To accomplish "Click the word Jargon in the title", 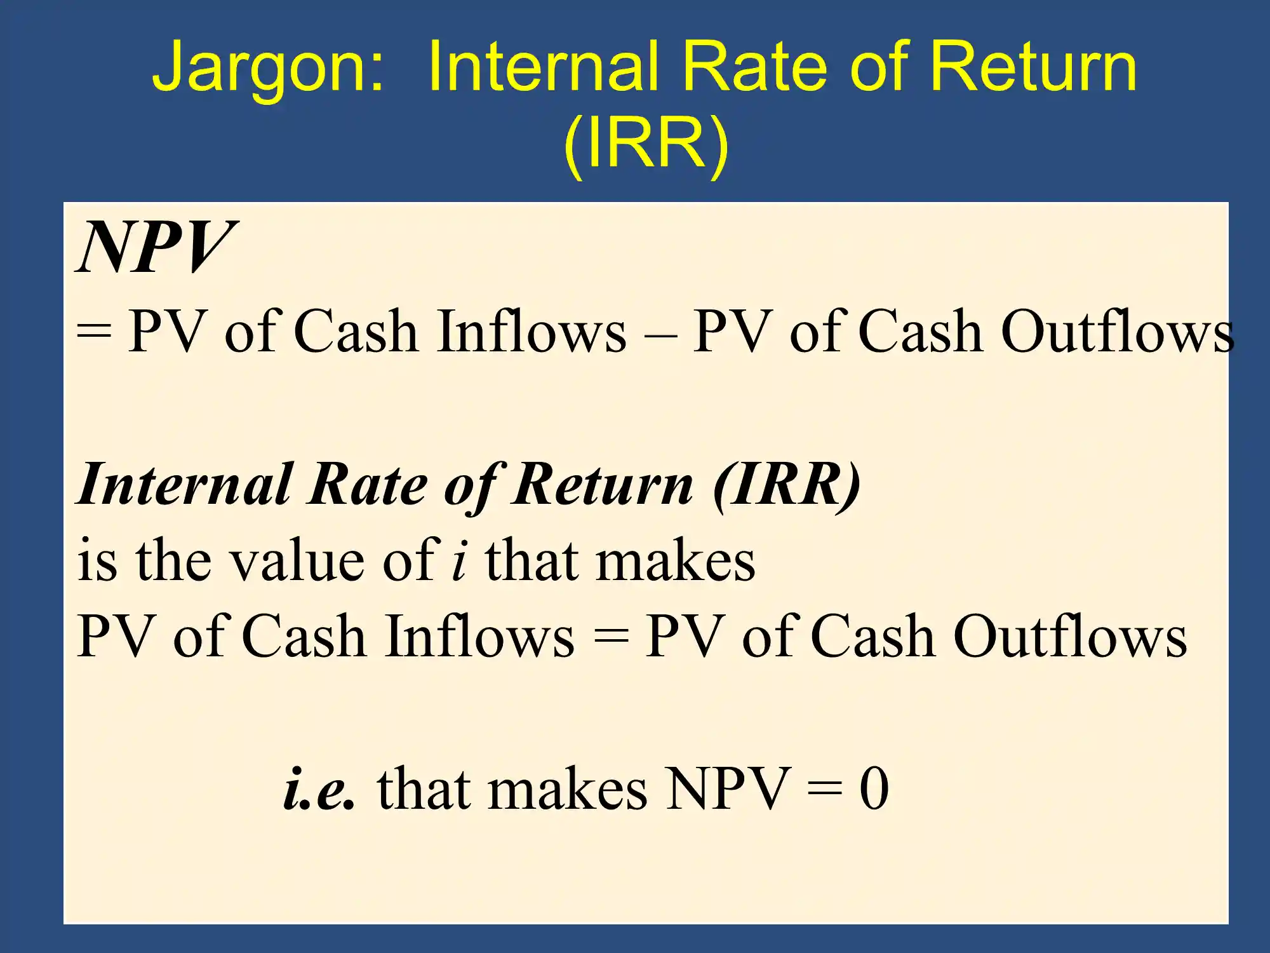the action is pyautogui.click(x=268, y=70).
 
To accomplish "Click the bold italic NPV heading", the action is pyautogui.click(x=156, y=247).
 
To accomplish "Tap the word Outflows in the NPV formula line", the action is pyautogui.click(x=1118, y=330).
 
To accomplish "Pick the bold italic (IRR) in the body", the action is pyautogui.click(x=787, y=484).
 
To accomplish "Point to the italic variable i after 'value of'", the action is pyautogui.click(x=460, y=560).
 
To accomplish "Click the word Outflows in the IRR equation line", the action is pyautogui.click(x=1070, y=635).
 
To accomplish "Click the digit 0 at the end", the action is pyautogui.click(x=874, y=788).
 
